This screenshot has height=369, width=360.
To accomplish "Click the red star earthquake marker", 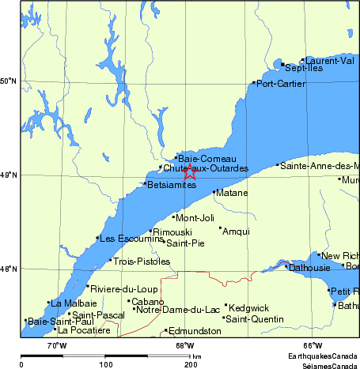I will [190, 171].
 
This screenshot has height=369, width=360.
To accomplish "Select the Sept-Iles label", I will [304, 69].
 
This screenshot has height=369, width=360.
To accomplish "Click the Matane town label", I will [231, 192].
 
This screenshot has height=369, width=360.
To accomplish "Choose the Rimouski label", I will [172, 232].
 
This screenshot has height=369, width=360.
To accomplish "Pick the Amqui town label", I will [237, 232].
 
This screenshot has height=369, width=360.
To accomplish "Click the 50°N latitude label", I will [9, 81].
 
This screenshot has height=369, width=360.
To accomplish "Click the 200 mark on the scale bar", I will [191, 364].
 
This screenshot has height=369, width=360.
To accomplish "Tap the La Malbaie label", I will [75, 303].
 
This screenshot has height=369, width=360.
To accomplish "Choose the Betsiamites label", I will [172, 185].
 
